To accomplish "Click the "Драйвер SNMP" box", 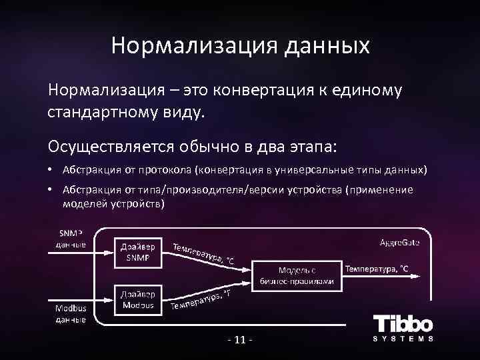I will coord(138,252).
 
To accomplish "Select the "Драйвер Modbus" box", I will coord(138,299).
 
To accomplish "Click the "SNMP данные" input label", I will coord(71,238).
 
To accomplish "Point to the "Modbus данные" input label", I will coord(71,315).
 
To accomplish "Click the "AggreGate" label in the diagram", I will coord(399,241).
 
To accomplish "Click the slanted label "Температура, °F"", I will coord(201,301).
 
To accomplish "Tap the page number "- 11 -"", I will coord(240,342).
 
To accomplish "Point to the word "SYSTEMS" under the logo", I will coord(403,339).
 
